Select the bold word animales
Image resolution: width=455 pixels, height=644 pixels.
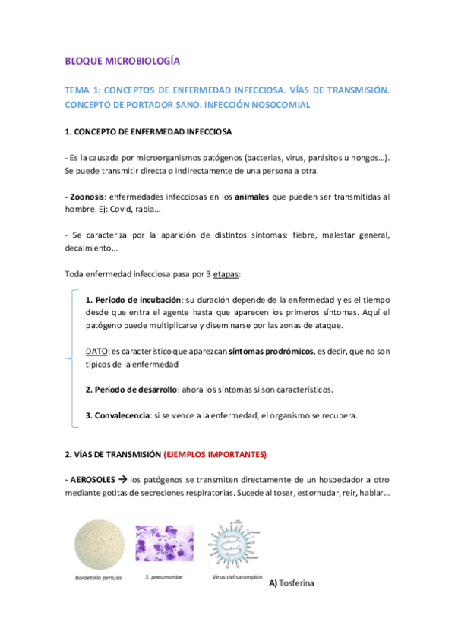pos(242,196)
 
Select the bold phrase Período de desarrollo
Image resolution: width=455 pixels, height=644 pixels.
pos(134,390)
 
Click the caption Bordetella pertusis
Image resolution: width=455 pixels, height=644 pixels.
pos(98,579)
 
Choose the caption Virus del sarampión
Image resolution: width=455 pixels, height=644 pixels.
pos(234,577)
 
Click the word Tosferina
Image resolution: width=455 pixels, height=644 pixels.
pos(296,583)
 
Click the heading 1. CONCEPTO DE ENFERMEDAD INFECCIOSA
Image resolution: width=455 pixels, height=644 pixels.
pos(149,132)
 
